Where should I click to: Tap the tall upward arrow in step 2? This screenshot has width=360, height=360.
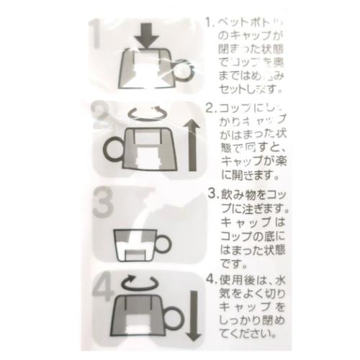[192, 144]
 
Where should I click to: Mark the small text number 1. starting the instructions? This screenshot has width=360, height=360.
[210, 22]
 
